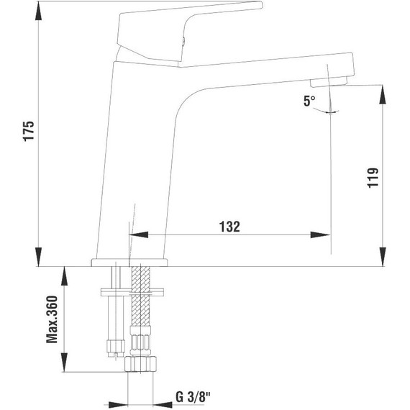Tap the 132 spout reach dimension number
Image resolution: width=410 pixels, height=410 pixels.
point(229,226)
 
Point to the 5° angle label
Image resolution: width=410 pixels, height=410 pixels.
point(309,101)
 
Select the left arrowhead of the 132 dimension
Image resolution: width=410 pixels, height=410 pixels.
point(137,234)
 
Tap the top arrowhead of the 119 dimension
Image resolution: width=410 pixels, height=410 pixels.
point(381,91)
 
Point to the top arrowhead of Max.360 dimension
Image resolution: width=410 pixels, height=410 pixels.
point(65,273)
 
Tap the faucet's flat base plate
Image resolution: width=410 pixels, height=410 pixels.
point(130,262)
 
